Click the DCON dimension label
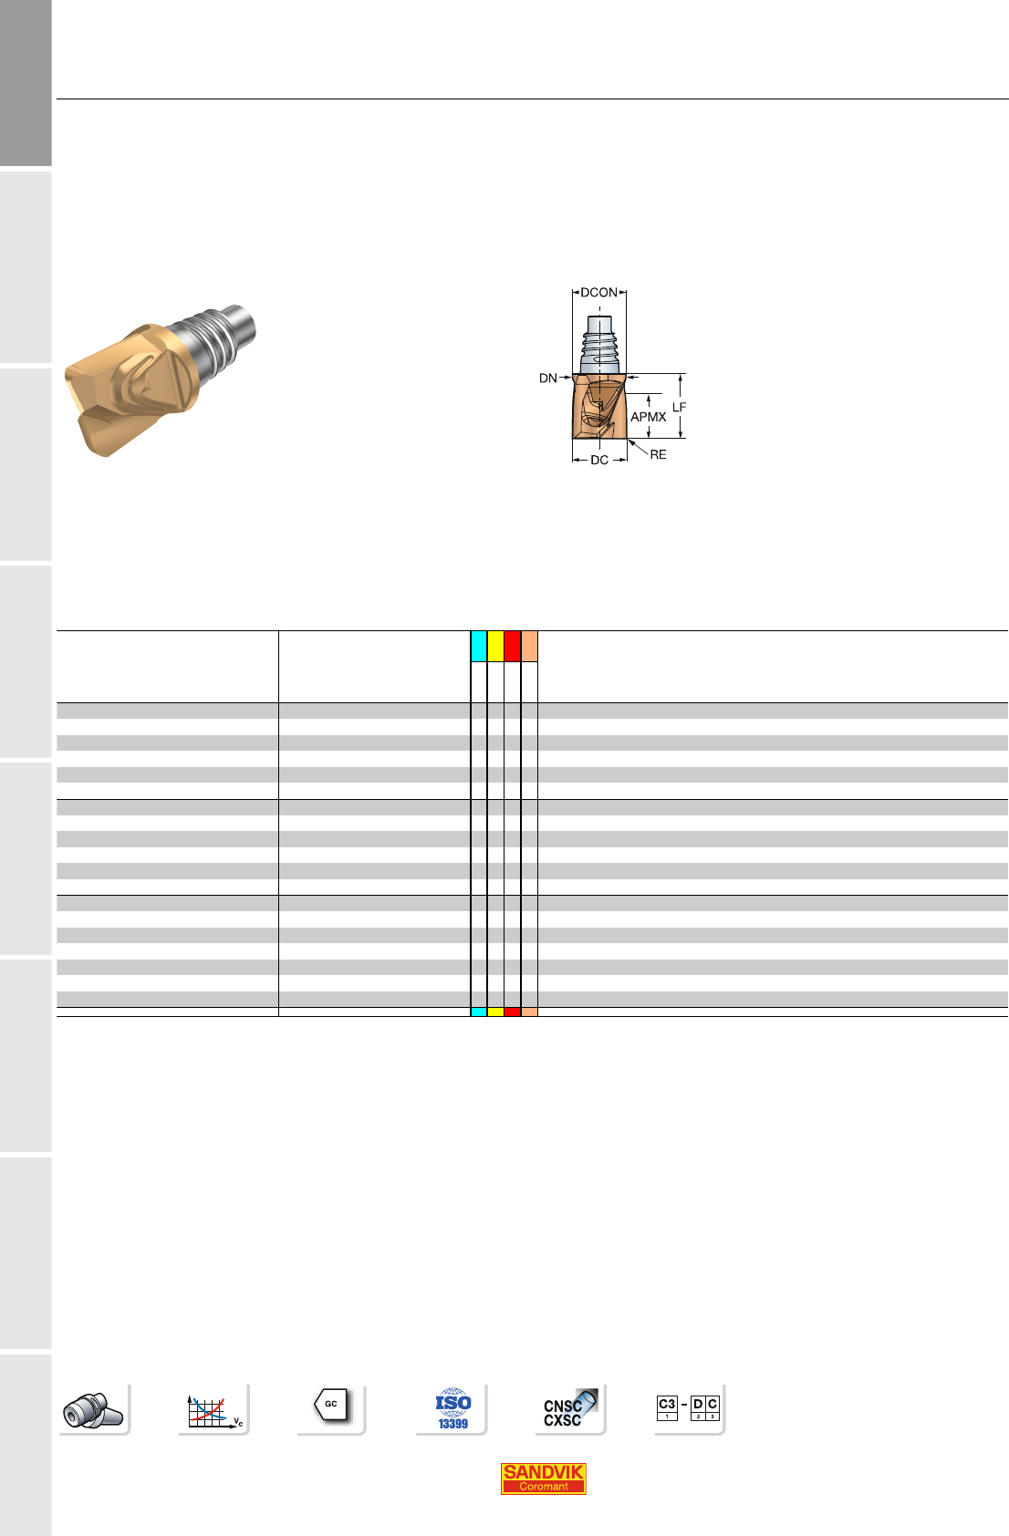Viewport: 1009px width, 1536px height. tap(598, 292)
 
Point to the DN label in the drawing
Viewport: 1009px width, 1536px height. tap(547, 378)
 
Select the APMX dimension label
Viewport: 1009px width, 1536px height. tap(649, 417)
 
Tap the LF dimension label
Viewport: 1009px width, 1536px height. tap(679, 408)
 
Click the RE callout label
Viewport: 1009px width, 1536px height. tap(658, 454)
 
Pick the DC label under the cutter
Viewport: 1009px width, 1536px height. tap(599, 460)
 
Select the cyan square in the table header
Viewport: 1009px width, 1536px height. tap(479, 647)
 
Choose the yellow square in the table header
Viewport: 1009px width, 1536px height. tap(495, 647)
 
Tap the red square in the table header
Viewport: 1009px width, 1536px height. tap(513, 647)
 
